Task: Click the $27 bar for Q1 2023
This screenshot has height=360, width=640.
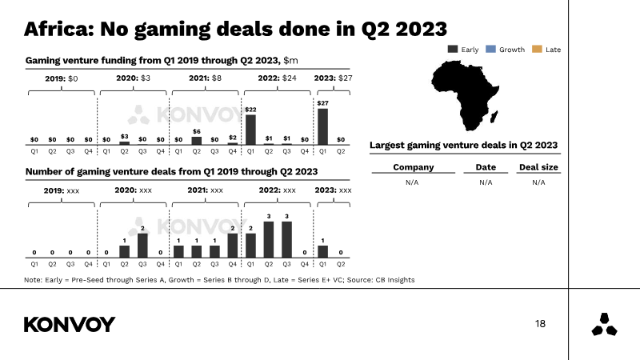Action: (322, 126)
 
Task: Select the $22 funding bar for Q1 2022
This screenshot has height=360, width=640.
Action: (250, 129)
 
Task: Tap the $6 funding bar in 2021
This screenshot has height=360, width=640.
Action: (197, 140)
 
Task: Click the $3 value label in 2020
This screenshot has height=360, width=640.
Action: (124, 136)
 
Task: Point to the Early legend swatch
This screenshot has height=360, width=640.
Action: (453, 50)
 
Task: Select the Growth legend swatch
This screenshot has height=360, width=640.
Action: (491, 50)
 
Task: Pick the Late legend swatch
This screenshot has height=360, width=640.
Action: (537, 50)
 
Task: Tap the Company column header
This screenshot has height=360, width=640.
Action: (414, 167)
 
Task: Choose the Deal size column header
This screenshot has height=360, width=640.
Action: (538, 167)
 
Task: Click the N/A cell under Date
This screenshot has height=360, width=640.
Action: (486, 182)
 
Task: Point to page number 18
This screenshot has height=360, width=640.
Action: (540, 324)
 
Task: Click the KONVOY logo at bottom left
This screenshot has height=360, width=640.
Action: (70, 324)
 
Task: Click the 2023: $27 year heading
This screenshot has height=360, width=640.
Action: (333, 78)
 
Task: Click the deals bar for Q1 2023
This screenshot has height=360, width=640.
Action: (322, 250)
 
